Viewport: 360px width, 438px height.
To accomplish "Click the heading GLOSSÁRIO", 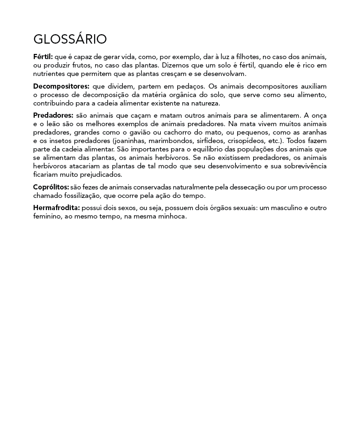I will click(70, 39).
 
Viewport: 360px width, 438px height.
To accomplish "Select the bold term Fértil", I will click(43, 57).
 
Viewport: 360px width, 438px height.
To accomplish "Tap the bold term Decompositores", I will click(61, 86).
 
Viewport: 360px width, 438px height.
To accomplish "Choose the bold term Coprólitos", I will click(51, 187).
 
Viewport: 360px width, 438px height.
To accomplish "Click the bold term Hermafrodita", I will click(56, 208).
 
